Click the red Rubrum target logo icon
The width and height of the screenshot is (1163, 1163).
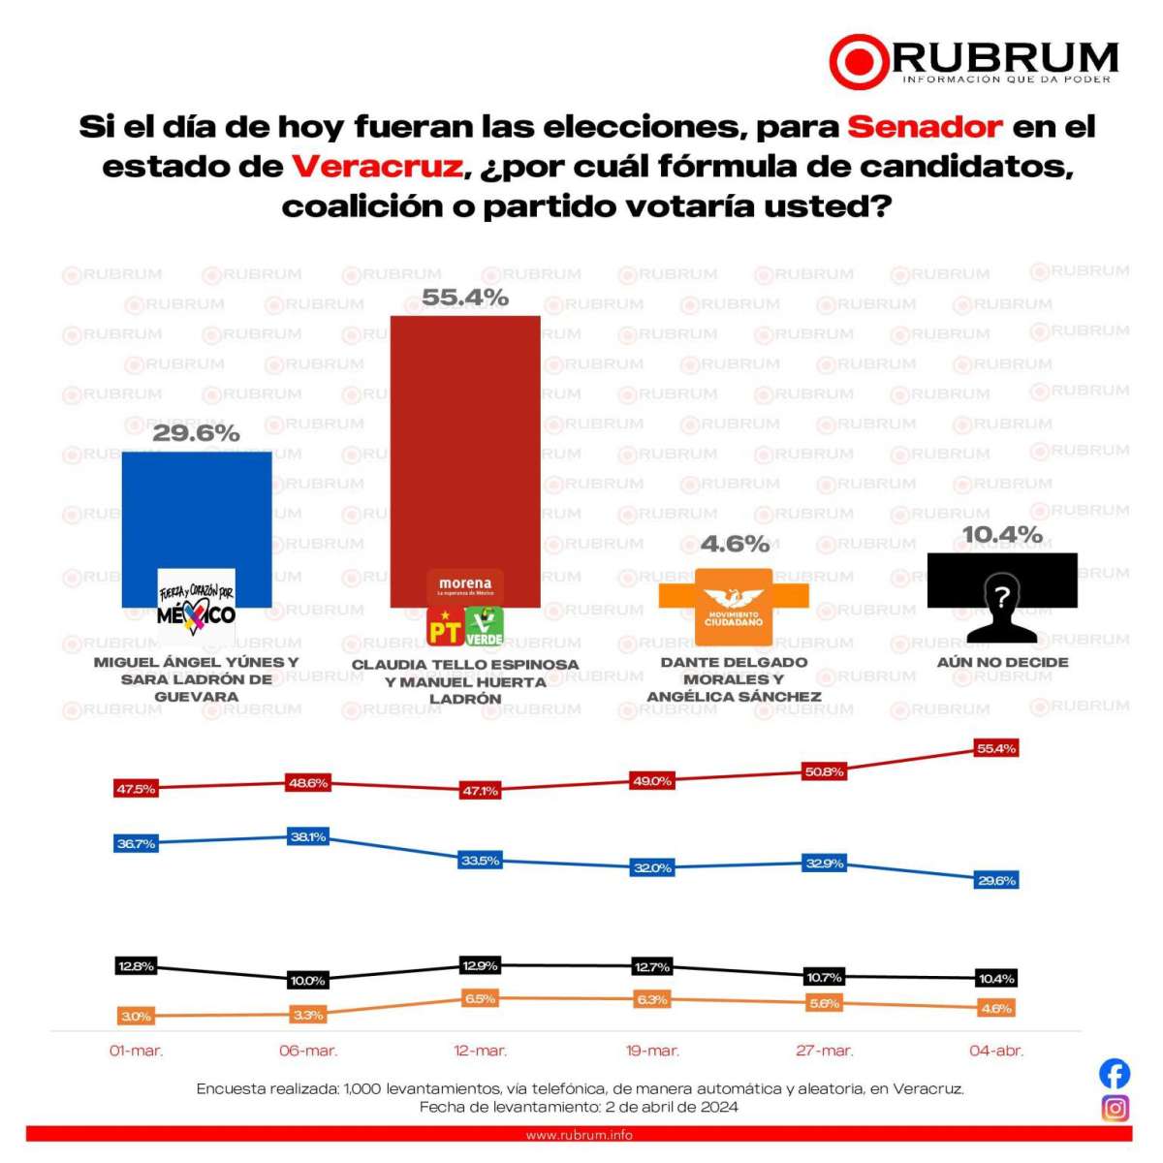pyautogui.click(x=859, y=61)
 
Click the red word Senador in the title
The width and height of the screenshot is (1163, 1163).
pyautogui.click(x=925, y=127)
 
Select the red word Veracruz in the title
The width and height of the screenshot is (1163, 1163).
pyautogui.click(x=377, y=167)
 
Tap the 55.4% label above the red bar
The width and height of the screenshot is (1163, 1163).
pyautogui.click(x=465, y=298)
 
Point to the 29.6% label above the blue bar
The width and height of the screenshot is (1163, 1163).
pyautogui.click(x=196, y=433)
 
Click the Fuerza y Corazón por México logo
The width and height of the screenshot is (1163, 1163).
pyautogui.click(x=197, y=606)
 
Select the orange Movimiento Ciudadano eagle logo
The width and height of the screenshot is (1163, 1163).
pyautogui.click(x=734, y=607)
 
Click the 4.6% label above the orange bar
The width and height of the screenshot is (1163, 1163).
pyautogui.click(x=735, y=545)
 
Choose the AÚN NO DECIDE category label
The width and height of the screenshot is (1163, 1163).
pyautogui.click(x=1002, y=662)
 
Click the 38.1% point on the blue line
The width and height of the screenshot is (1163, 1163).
pyautogui.click(x=308, y=836)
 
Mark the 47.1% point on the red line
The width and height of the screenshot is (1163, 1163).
pyautogui.click(x=480, y=791)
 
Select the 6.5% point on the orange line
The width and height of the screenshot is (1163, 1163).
pyautogui.click(x=480, y=998)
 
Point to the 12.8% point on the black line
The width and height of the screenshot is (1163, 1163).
pyautogui.click(x=136, y=966)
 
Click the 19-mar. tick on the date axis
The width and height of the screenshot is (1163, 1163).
pyautogui.click(x=652, y=1051)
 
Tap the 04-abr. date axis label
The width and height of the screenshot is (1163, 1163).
pyautogui.click(x=996, y=1051)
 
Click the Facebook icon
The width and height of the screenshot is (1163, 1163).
pyautogui.click(x=1115, y=1073)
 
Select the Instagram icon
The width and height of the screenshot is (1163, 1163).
pyautogui.click(x=1115, y=1108)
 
